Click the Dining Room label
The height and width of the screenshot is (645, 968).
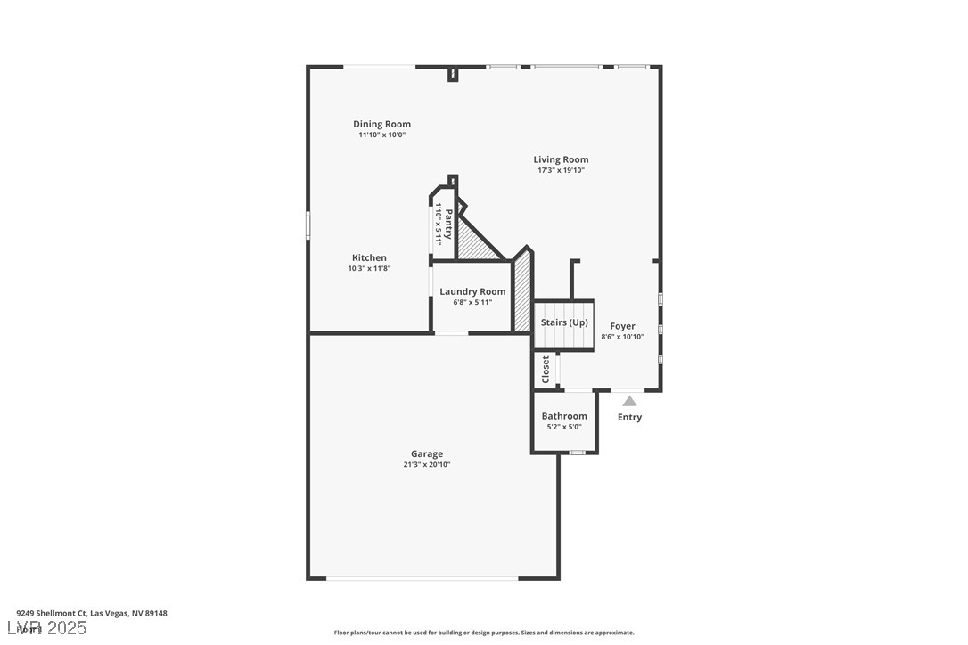[381, 124]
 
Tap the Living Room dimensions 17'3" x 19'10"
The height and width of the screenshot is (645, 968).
[561, 170]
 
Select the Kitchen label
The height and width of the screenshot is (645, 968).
[368, 257]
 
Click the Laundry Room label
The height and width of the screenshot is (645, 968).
[472, 291]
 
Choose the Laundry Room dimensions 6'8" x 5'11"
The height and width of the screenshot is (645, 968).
[472, 302]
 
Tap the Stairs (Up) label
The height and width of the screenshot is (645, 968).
[564, 322]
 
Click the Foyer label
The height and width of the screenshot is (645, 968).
[622, 326]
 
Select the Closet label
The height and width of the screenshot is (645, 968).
[546, 370]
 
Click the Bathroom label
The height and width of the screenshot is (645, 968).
[564, 416]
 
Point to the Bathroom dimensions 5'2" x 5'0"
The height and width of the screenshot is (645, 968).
[564, 427]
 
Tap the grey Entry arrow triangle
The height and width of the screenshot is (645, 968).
[629, 402]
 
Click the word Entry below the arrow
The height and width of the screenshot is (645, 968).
[629, 417]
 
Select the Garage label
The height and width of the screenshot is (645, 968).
[426, 453]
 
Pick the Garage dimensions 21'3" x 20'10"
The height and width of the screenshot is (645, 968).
[426, 464]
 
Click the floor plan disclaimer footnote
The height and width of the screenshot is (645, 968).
[484, 633]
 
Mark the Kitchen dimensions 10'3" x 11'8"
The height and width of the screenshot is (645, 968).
[368, 268]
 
